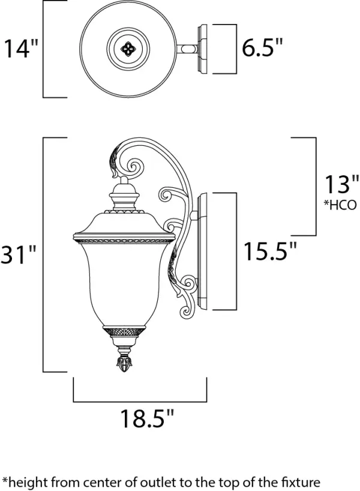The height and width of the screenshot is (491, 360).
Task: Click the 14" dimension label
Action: [x=20, y=48]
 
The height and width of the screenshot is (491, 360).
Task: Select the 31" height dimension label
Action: [x=18, y=254]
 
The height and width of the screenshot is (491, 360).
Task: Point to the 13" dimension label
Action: [x=341, y=184]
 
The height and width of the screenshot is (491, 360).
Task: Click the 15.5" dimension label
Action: [x=270, y=250]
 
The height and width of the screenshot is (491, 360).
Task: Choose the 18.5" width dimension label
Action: [x=147, y=418]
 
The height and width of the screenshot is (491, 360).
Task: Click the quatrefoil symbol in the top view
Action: [x=128, y=49]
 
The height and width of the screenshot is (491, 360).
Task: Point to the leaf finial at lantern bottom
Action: [x=124, y=365]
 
